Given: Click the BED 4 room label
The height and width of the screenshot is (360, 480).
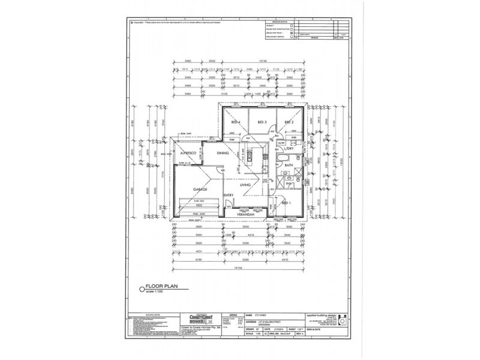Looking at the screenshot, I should coord(235,122).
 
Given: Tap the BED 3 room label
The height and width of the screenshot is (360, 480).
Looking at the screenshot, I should coord(262,122).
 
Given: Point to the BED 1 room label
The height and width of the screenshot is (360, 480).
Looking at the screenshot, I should coord(287,203).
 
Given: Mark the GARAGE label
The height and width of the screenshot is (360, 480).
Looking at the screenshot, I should coord(200,189).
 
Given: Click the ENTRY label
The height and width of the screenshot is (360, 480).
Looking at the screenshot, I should coord(229,196).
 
